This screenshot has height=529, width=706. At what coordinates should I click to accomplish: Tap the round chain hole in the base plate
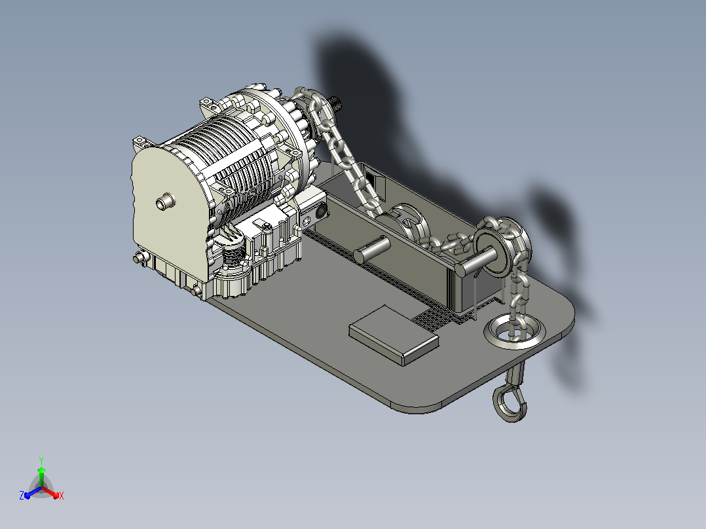coord(514,331)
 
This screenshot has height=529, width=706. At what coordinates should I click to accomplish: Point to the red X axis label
coord(62,496)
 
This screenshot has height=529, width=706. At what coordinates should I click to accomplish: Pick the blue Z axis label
coord(22,495)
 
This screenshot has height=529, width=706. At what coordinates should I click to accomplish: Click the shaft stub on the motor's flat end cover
coord(165,201)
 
